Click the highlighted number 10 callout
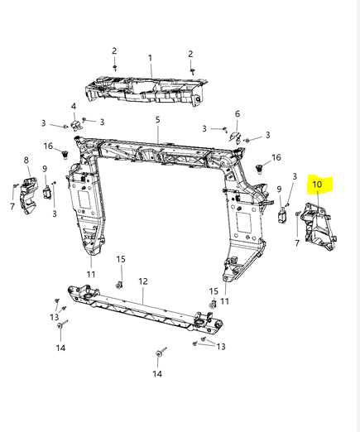[317, 184]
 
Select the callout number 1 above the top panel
[150, 58]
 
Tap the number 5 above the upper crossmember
[157, 120]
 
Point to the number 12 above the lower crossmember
[143, 281]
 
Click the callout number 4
[74, 106]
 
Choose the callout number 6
[238, 113]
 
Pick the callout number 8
[26, 160]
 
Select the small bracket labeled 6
[235, 137]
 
